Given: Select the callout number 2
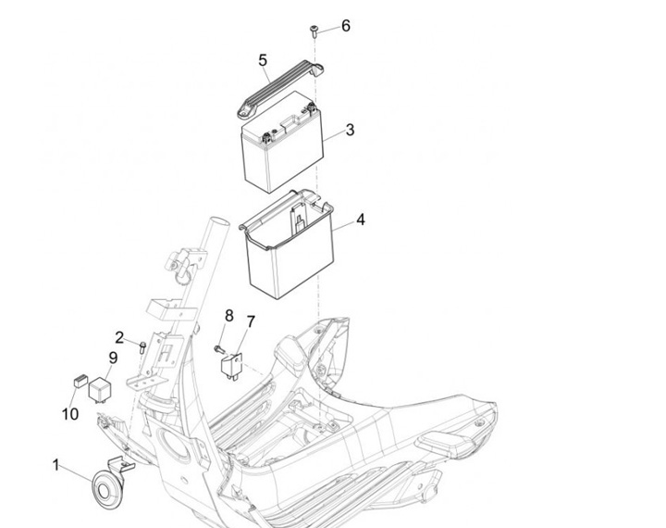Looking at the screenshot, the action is pyautogui.click(x=119, y=336).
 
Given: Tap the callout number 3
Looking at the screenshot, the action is pyautogui.click(x=350, y=130).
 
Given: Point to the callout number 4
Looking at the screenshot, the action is pyautogui.click(x=360, y=220).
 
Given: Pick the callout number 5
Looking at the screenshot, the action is pyautogui.click(x=263, y=61).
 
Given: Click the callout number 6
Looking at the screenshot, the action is pyautogui.click(x=345, y=25).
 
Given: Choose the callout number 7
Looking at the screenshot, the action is pyautogui.click(x=250, y=321).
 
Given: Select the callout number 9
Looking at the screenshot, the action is pyautogui.click(x=113, y=358).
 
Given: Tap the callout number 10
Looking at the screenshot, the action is pyautogui.click(x=70, y=413).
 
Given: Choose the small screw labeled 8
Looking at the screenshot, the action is pyautogui.click(x=218, y=348).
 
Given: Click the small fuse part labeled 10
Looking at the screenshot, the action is pyautogui.click(x=80, y=379).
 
